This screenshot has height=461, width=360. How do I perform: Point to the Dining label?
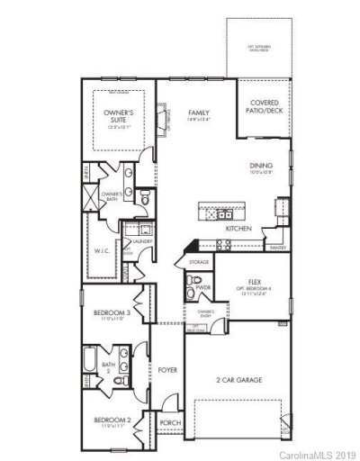tap(262, 166)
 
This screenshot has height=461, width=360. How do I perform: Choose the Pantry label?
tap(277, 247)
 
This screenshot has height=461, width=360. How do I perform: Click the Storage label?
tap(199, 261)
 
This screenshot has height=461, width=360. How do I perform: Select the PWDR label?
tap(202, 288)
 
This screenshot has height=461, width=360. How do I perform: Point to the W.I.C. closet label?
tap(101, 251)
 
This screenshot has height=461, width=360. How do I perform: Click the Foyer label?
tap(168, 370)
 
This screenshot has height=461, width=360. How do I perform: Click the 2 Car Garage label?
tap(238, 381)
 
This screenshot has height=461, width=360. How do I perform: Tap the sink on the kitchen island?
tap(219, 214)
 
